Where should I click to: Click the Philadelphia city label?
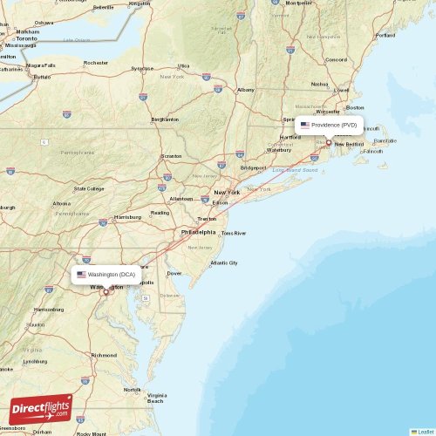coord(198,233)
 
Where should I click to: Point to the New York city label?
coord(227,192)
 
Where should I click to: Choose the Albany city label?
coord(246,90)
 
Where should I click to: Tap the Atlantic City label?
coord(223,262)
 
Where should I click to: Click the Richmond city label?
coord(104,355)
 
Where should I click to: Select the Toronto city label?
coord(27,39)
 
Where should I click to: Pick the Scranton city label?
coord(172,157)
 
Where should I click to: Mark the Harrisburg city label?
coord(127,216)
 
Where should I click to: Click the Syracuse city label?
coord(142,68)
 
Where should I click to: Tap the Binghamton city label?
coord(164,119)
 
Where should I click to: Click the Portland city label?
coord(385,36)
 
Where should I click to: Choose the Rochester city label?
coord(95,63)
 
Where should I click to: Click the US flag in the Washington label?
coord(81,275)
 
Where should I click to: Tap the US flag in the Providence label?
coord(304,125)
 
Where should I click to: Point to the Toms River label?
coord(234,233)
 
